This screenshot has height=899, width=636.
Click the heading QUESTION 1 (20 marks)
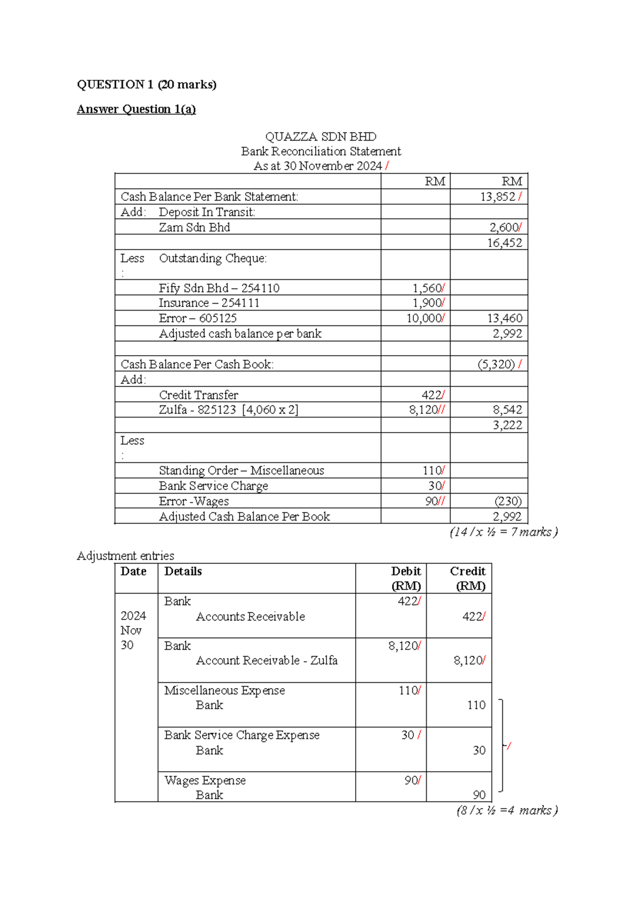click(146, 85)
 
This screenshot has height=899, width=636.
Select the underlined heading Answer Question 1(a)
click(136, 109)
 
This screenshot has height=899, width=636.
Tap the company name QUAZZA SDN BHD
click(320, 137)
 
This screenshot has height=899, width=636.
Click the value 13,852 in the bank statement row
click(497, 197)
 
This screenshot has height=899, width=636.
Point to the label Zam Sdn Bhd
click(194, 227)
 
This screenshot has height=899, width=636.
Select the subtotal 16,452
click(504, 243)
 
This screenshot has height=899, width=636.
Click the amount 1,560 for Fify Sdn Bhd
click(427, 288)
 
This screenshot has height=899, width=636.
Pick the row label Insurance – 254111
click(209, 303)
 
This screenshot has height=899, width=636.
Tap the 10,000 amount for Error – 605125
click(423, 318)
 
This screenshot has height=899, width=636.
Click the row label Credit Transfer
click(198, 395)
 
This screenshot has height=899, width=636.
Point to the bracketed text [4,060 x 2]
click(270, 410)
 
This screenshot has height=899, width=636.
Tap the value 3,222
click(507, 425)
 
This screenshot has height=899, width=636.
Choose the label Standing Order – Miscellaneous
click(241, 471)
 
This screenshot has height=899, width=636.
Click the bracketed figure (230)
click(507, 501)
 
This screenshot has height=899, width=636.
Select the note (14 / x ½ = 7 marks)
click(503, 532)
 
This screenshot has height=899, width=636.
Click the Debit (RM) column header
click(405, 578)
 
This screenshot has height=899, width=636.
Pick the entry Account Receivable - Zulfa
click(267, 660)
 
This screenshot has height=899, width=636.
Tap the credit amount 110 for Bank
click(475, 705)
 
